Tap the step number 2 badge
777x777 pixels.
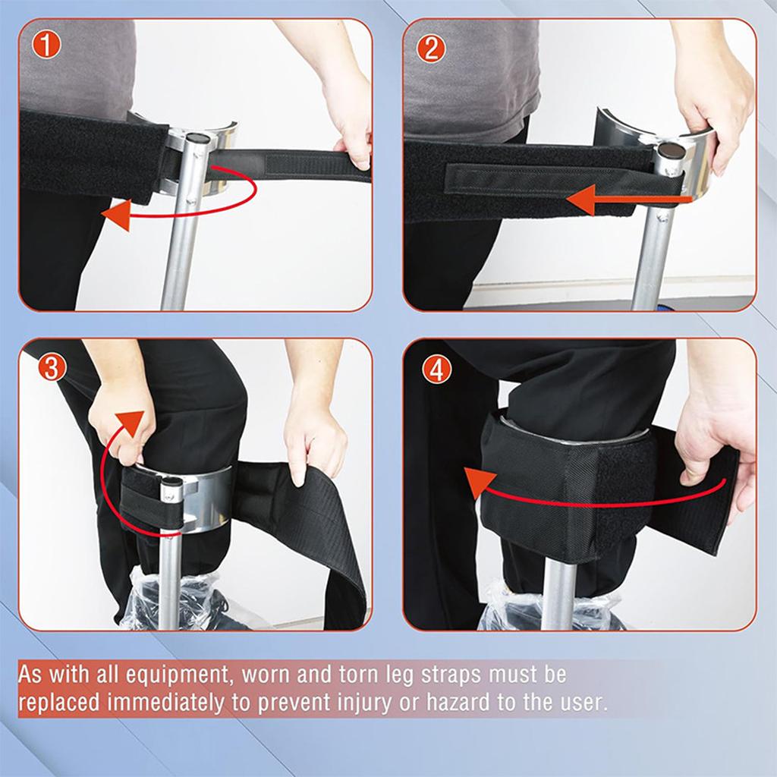click(432, 48)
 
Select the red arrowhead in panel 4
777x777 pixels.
click(477, 483)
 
